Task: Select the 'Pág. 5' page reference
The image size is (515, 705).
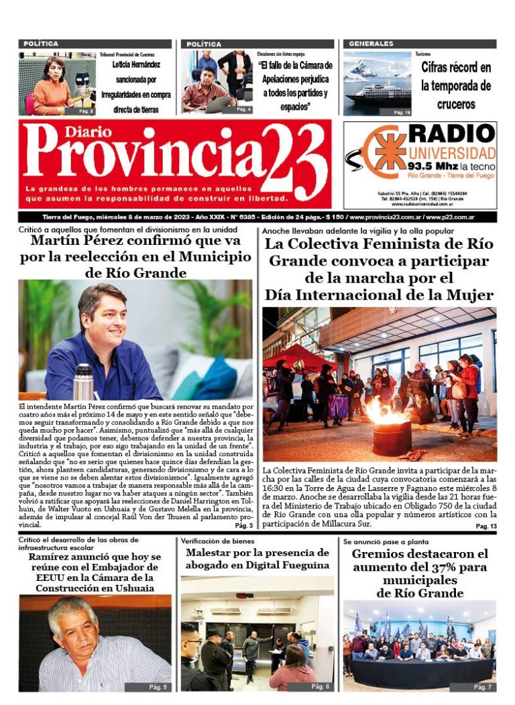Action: point(243,526)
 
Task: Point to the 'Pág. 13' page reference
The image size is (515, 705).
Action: point(485,527)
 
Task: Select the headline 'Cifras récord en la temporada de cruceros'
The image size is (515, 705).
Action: point(455,86)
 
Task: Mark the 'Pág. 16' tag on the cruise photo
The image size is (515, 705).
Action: point(401,112)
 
